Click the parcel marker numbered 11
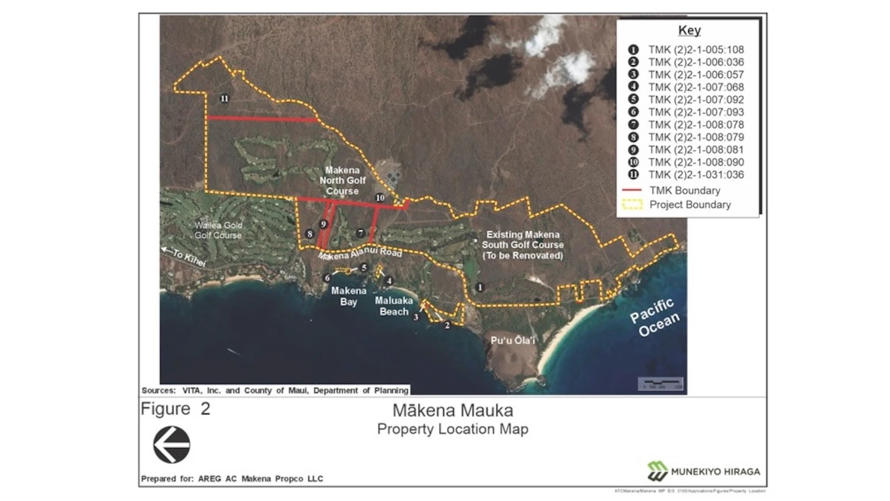pos(224,99)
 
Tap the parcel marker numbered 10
pos(380,198)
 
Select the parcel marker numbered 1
pos(480,287)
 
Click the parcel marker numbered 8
pos(310,234)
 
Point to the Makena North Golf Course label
pos(342,180)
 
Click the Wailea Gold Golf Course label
pos(217,230)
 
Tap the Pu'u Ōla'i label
pos(512,340)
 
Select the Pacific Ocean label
pos(654,318)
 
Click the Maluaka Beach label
pos(394,306)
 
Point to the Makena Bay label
pos(349,296)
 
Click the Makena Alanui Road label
pos(359,253)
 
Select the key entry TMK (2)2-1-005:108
pos(695,50)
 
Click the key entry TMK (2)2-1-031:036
pos(695,174)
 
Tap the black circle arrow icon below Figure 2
pos(171,444)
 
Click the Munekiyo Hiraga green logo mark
pos(657,471)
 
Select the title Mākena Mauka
pos(452,411)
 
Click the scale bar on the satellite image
pos(660,384)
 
